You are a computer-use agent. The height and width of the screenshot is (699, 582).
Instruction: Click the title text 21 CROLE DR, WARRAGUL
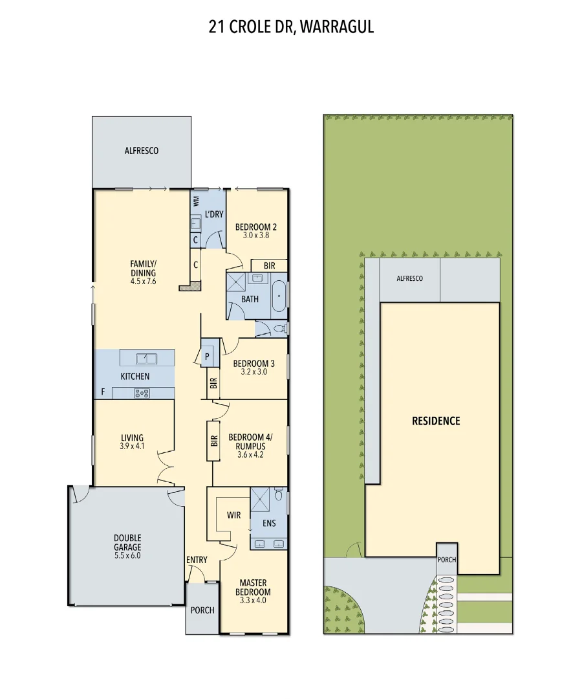[291, 27]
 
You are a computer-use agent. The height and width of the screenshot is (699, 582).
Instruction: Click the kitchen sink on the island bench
[146, 358]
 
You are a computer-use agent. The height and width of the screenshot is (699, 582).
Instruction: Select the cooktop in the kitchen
[142, 392]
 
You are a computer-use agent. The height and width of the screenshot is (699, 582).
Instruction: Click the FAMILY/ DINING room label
[143, 268]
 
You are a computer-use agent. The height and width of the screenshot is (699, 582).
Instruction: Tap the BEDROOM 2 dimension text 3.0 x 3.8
[255, 236]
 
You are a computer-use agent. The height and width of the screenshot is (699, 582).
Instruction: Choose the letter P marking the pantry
[208, 357]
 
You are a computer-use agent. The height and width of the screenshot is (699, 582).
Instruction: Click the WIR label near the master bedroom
[233, 516]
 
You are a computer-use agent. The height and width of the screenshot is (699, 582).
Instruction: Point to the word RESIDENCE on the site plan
[436, 421]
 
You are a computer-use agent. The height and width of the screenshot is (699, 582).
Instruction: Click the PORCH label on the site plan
[447, 560]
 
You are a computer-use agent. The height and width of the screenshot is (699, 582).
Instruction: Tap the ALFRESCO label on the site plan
[409, 278]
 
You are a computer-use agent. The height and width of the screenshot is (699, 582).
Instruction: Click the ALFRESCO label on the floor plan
[141, 151]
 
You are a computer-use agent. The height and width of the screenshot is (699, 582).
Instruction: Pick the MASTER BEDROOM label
[253, 587]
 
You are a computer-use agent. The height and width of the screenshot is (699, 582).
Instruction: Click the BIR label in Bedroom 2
[269, 266]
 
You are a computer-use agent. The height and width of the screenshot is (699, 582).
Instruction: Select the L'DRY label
[213, 214]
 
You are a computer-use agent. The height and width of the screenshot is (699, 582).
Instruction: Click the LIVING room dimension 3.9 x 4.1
[132, 446]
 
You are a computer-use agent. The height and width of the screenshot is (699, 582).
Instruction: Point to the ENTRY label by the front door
[196, 560]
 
